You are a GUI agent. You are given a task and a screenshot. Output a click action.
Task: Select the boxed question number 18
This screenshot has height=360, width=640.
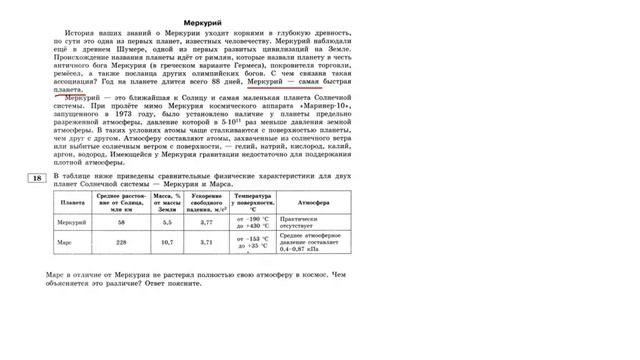36,178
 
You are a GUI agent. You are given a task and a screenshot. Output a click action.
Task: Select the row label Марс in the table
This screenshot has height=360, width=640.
65,242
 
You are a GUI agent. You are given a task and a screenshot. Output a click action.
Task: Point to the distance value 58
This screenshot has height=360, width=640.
122,222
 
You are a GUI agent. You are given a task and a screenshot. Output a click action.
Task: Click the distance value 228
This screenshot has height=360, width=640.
122,242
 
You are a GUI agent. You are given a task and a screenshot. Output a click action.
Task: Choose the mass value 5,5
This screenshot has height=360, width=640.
167,222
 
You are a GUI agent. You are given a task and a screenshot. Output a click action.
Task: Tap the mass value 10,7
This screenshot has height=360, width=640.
167,242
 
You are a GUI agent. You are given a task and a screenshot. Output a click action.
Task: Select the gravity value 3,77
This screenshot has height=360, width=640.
207,222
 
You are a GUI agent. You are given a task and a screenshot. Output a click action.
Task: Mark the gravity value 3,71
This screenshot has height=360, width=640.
207,242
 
